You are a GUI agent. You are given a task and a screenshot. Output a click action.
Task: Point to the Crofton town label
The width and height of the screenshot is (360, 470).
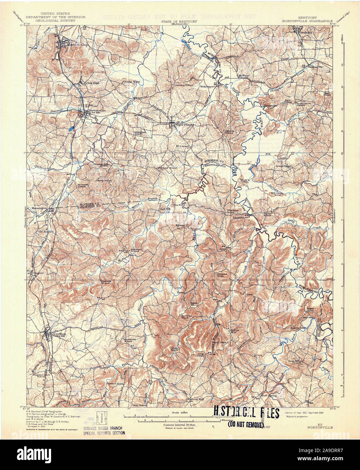point(59,334)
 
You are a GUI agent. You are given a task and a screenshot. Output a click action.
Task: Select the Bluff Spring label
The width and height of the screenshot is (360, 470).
point(269,395)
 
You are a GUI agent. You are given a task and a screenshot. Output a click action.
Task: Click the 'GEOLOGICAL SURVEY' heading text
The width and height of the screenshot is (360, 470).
point(56,20)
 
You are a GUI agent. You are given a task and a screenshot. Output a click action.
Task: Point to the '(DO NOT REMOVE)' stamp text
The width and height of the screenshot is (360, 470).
point(246,424)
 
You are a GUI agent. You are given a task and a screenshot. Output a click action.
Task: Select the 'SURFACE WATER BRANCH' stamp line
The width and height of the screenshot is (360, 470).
point(103,428)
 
